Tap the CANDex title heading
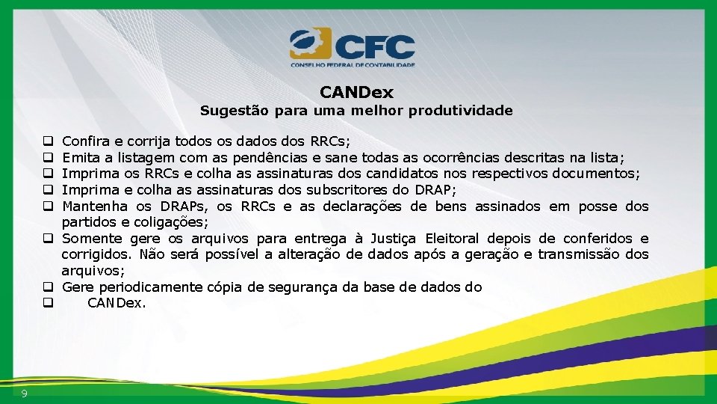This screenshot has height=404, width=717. (x=356, y=93)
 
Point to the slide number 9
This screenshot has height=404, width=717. (x=25, y=394)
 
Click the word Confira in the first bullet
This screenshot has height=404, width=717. (x=84, y=141)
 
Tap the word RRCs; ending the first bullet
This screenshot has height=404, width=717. (x=331, y=141)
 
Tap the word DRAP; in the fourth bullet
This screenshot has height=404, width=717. (x=435, y=190)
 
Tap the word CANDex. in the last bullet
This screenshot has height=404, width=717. (x=117, y=304)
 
